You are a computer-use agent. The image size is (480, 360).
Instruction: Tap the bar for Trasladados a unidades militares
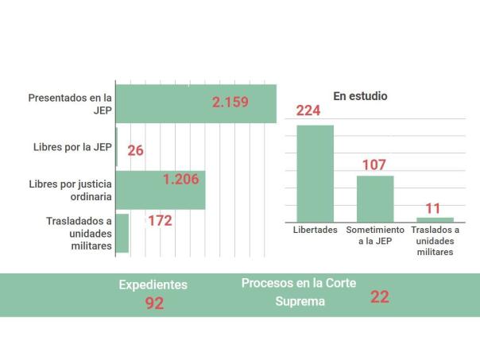click(122, 233)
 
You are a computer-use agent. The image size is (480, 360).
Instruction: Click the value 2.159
click(230, 102)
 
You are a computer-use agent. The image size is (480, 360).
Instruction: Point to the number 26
click(135, 150)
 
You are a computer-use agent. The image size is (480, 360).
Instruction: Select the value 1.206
click(180, 179)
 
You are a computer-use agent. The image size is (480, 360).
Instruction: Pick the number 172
click(160, 220)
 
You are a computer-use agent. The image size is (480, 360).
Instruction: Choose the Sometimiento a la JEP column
click(375, 199)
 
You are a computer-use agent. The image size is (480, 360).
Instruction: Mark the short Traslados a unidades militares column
click(435, 219)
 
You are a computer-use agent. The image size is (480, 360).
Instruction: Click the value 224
click(308, 110)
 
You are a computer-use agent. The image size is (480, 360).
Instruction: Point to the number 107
click(374, 165)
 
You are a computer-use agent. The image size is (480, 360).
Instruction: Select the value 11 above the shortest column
click(433, 208)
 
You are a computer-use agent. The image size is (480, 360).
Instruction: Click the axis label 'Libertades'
click(314, 230)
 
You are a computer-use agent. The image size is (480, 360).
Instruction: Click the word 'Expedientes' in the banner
click(153, 285)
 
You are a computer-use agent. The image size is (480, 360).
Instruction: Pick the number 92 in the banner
click(154, 303)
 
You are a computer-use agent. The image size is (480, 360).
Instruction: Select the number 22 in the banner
click(379, 297)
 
